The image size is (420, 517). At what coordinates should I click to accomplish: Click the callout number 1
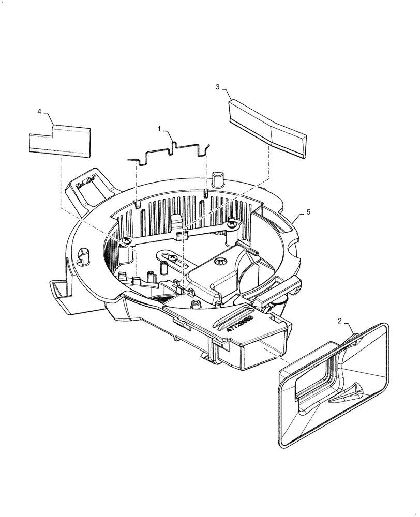pos(160,127)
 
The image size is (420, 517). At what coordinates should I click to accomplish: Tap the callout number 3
pos(218,87)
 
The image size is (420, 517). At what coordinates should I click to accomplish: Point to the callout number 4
pos(39,112)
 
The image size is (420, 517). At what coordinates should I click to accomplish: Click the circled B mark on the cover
pos(221,263)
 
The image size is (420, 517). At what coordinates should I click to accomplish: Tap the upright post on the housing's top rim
pos(218,179)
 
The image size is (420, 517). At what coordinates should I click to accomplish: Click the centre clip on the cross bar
pos(181,235)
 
